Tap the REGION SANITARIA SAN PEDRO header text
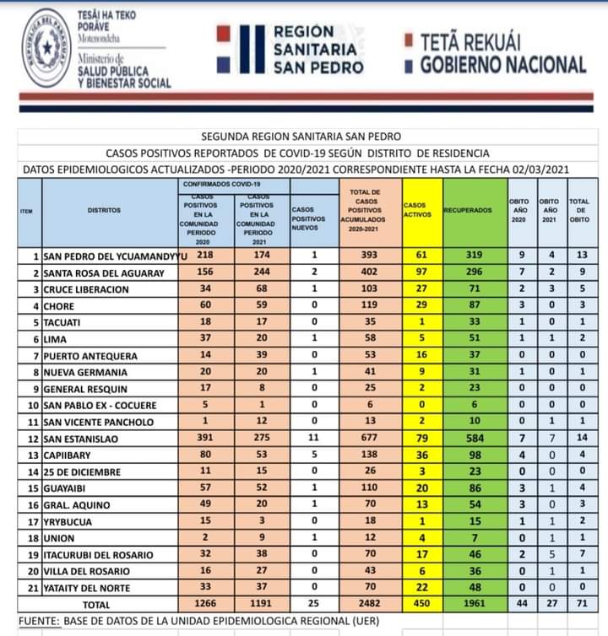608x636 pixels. pyautogui.click(x=318, y=50)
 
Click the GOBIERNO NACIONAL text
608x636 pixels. pyautogui.click(x=503, y=65)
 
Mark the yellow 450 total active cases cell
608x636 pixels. pyautogui.click(x=415, y=605)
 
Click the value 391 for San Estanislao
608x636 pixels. pyautogui.click(x=204, y=439)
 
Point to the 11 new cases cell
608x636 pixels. pyautogui.click(x=313, y=439)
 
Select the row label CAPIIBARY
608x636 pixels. pyautogui.click(x=69, y=455)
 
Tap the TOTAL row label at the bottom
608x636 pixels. pyautogui.click(x=95, y=605)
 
